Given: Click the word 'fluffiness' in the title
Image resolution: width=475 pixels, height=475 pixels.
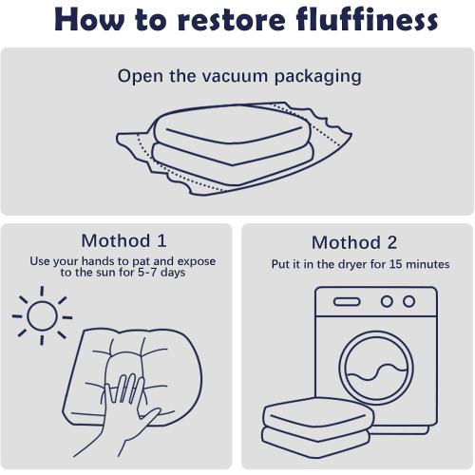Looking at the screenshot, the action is click(368, 19).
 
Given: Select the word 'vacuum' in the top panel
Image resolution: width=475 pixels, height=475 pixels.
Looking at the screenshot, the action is click(235, 77).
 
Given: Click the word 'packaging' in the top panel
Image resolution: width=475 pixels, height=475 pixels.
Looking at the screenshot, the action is click(317, 78).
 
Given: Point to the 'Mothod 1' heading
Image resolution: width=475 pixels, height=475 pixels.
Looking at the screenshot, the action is click(123, 240).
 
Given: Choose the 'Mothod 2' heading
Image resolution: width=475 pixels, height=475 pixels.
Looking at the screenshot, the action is click(354, 242).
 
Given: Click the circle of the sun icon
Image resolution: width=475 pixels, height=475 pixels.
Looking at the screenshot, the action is click(42, 316).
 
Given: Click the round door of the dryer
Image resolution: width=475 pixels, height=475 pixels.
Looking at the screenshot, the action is click(376, 369).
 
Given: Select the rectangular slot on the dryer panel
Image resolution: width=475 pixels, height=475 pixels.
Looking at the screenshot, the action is click(347, 302).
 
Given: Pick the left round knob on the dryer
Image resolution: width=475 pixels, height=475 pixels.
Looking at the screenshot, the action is click(387, 301).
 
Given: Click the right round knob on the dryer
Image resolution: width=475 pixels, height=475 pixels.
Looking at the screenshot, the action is click(408, 301).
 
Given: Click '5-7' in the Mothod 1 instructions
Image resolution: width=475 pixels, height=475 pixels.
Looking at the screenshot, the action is click(147, 273).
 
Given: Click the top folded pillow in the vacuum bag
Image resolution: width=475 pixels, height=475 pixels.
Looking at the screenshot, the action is click(232, 130).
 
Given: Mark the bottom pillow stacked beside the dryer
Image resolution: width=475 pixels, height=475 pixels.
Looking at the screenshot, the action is click(315, 440).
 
